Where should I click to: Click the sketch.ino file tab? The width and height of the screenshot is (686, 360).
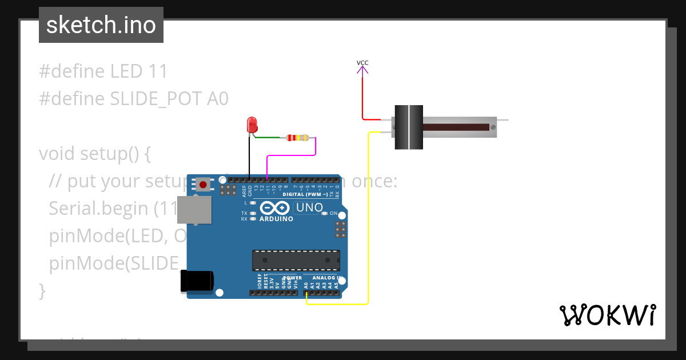point(101,25)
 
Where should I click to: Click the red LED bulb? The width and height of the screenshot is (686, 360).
point(252,124)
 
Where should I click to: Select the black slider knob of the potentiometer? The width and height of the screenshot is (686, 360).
point(409,127)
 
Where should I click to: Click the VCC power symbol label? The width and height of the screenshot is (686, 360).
point(362,62)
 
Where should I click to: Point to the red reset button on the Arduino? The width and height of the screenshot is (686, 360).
point(203,184)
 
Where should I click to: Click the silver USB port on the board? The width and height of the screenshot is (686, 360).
point(192,210)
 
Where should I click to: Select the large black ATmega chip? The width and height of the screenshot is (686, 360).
point(296,260)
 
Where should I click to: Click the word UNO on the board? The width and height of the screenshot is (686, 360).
point(309,207)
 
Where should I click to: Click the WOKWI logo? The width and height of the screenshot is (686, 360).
point(607,315)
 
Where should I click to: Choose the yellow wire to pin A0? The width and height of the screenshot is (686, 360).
point(369,229)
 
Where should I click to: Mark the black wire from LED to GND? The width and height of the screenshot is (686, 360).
point(249,157)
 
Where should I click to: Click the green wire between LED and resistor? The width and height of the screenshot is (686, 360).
point(269,137)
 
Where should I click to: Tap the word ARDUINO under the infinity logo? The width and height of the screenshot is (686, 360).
point(276,219)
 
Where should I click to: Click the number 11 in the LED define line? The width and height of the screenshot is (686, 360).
point(157,71)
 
